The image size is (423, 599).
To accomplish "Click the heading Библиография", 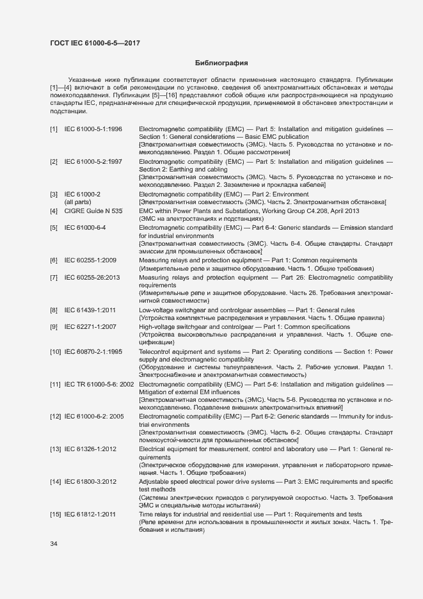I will (x=221, y=63).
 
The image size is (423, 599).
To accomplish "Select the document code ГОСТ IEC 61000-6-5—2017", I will (x=95, y=43).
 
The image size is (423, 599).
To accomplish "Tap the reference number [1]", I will (x=54, y=129).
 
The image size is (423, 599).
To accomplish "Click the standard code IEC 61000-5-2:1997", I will (x=93, y=162).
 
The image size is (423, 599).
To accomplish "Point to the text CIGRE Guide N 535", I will (x=93, y=211).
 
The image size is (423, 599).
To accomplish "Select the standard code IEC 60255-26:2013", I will (x=93, y=277).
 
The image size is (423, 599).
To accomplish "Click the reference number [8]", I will (x=54, y=310).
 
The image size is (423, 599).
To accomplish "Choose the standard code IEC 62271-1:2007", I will (x=90, y=327).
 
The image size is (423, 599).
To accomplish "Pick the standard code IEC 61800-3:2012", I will (x=90, y=481).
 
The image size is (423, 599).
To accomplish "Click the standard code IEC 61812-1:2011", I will (x=90, y=514).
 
